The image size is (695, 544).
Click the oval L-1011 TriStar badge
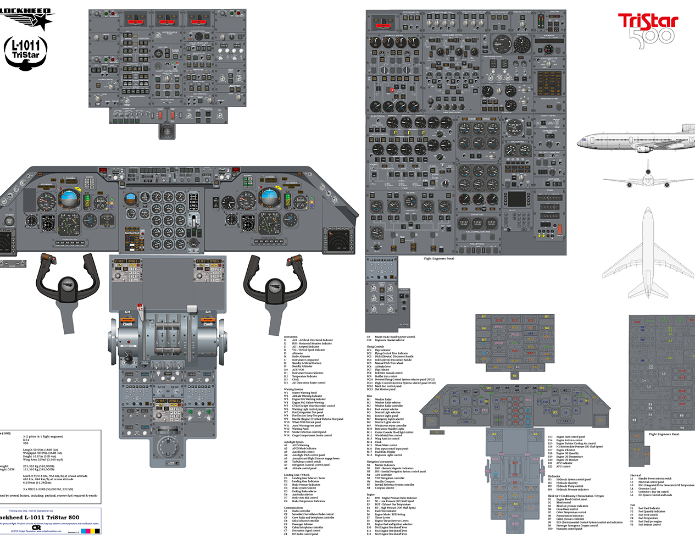[26, 53]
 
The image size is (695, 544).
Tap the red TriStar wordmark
[648, 22]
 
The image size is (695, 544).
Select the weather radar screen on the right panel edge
[338, 240]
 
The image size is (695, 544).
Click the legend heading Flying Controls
[375, 347]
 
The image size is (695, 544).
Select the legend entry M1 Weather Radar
[383, 399]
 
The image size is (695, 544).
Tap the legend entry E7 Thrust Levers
[383, 518]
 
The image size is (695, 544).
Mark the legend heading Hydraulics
[554, 476]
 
